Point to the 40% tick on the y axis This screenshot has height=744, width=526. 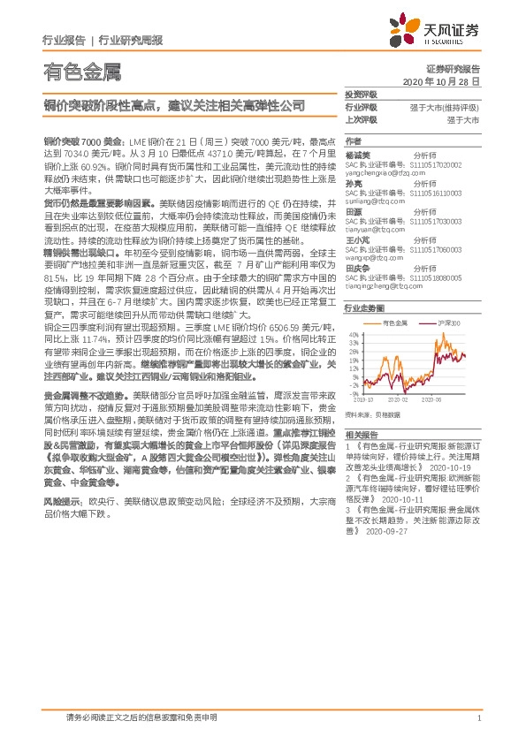click(x=352, y=335)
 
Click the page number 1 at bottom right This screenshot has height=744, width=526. click(x=477, y=717)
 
